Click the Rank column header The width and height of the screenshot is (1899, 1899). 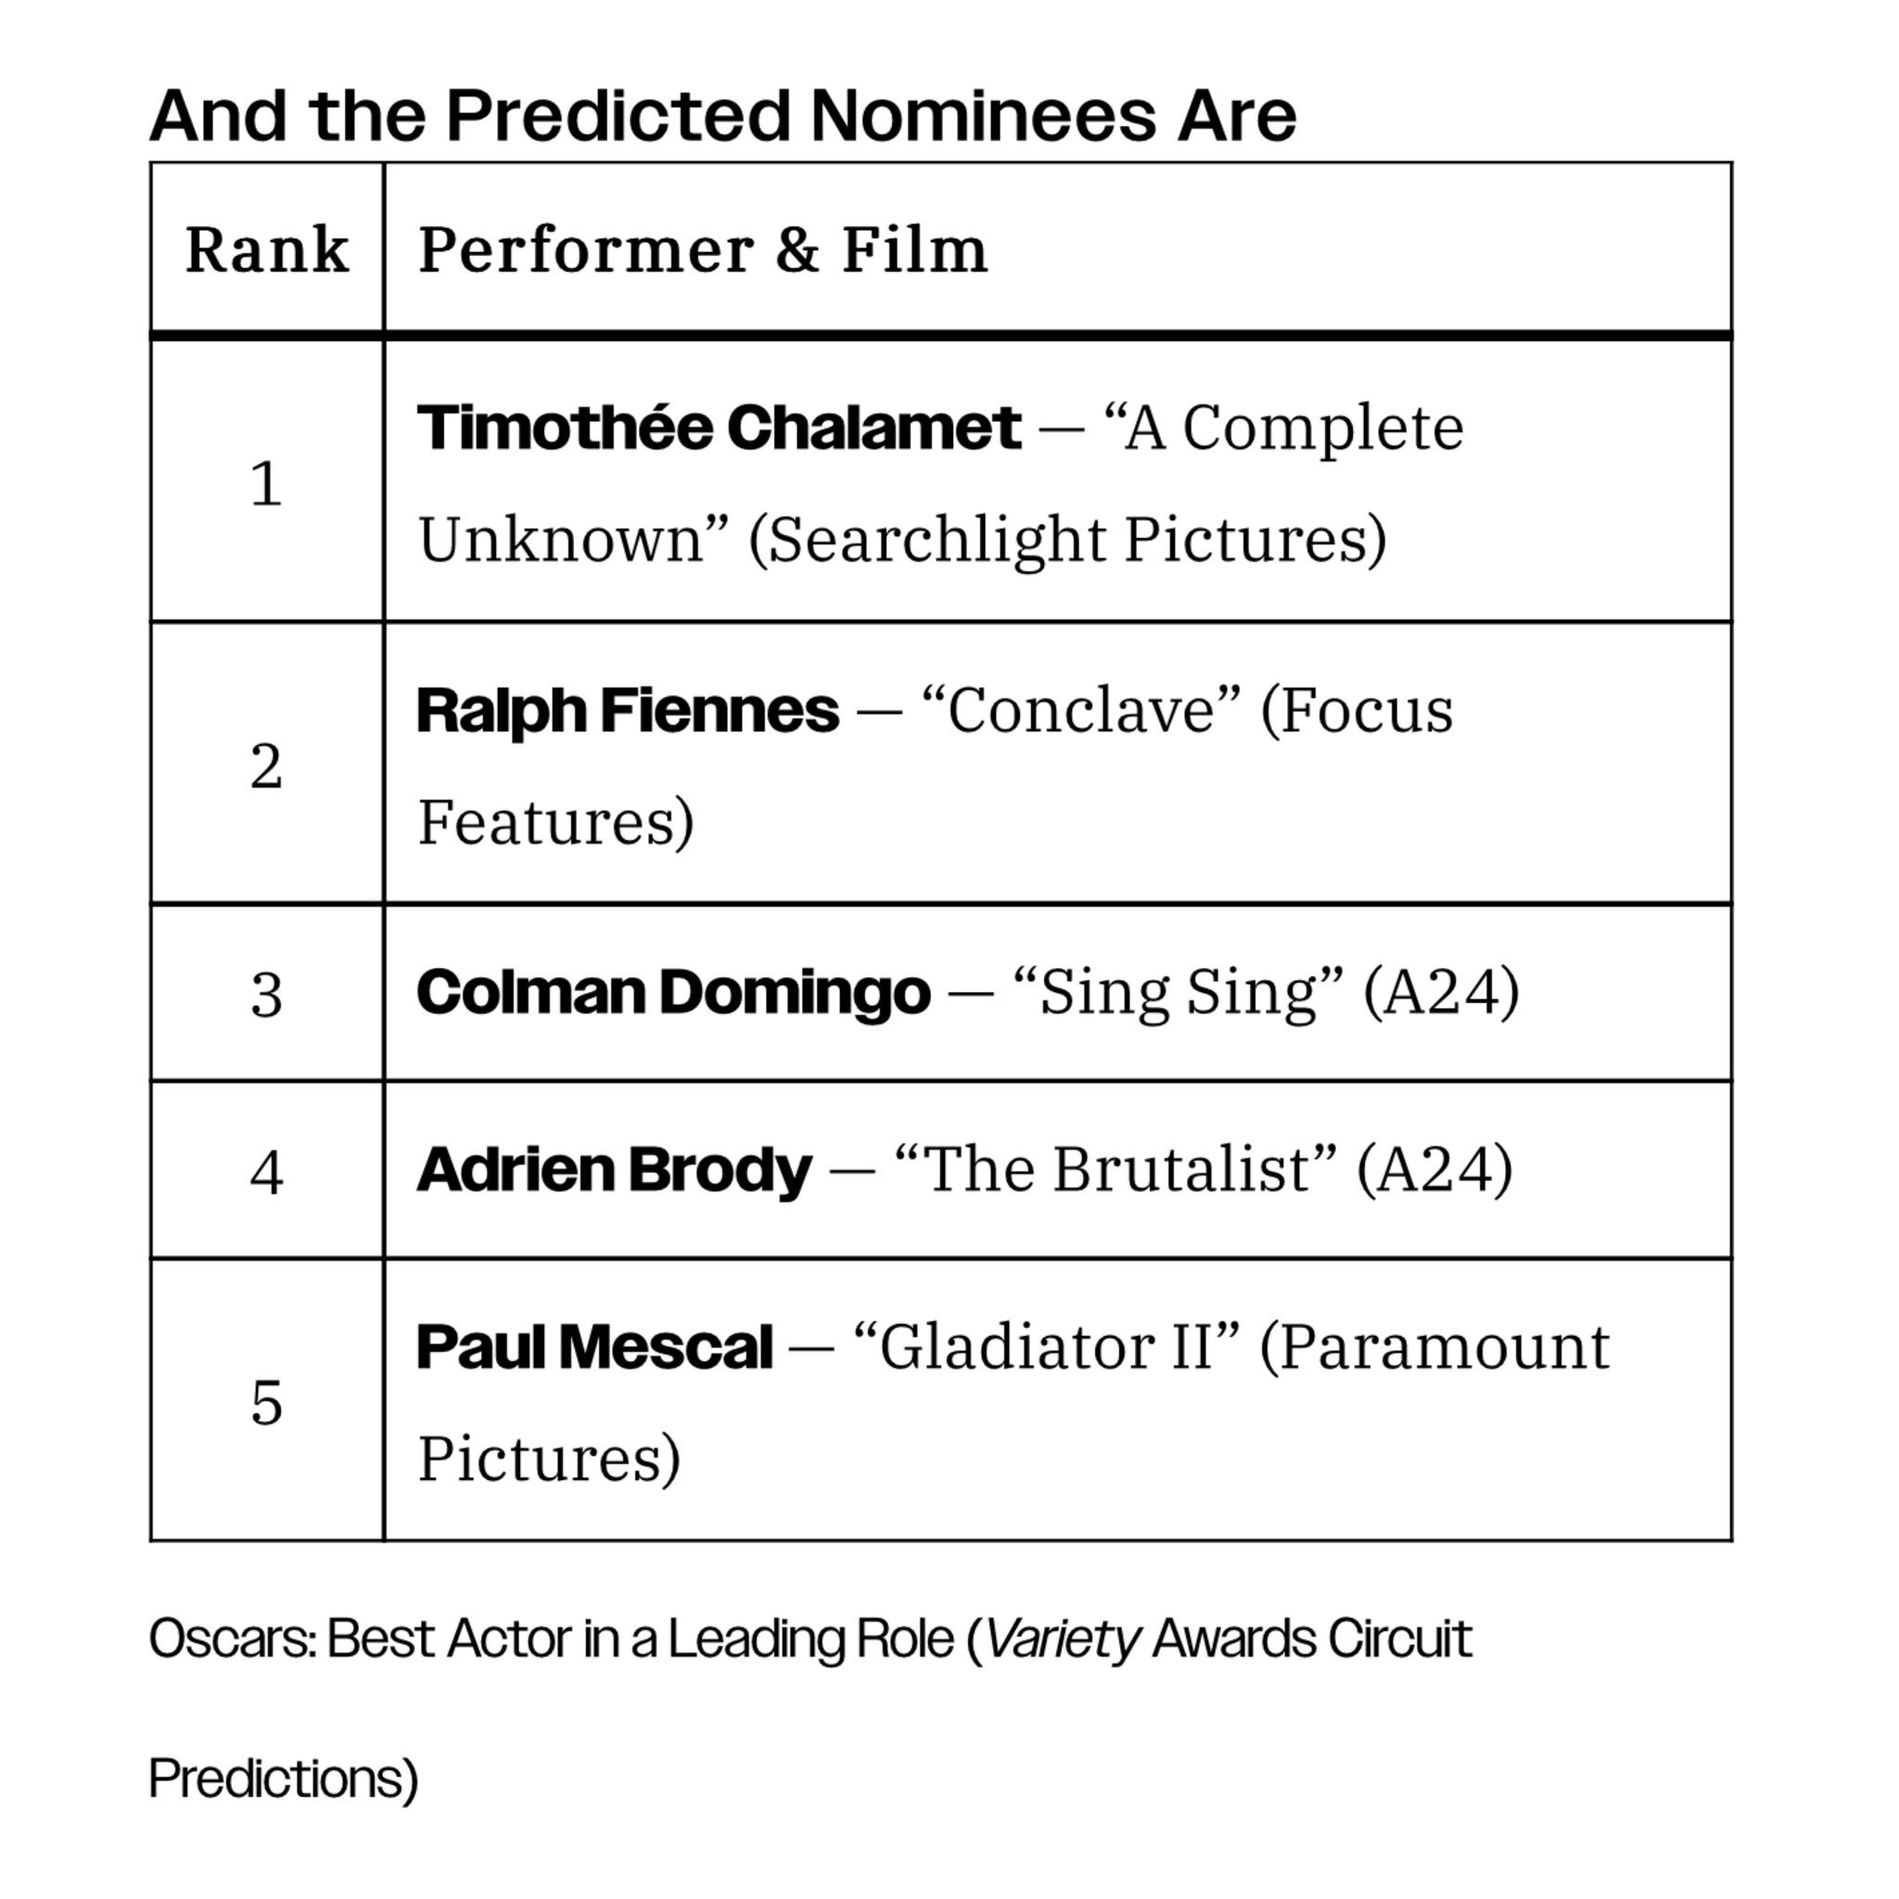tap(266, 249)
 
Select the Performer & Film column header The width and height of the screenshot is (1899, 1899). tap(703, 249)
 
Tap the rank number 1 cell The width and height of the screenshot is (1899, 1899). tap(266, 482)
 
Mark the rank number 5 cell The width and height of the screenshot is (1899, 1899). tap(266, 1402)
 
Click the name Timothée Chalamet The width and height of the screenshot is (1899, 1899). tap(719, 427)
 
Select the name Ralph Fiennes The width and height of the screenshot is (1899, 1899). tap(628, 710)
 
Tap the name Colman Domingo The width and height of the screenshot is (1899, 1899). tap(673, 992)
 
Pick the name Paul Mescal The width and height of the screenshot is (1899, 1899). tap(594, 1346)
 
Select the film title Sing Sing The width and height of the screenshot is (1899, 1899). tap(1178, 992)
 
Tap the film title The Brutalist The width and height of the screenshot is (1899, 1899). tap(1115, 1168)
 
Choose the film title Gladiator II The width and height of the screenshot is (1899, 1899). tap(1047, 1345)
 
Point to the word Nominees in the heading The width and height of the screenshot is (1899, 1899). tap(984, 116)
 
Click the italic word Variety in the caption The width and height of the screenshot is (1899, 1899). tap(1062, 1639)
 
